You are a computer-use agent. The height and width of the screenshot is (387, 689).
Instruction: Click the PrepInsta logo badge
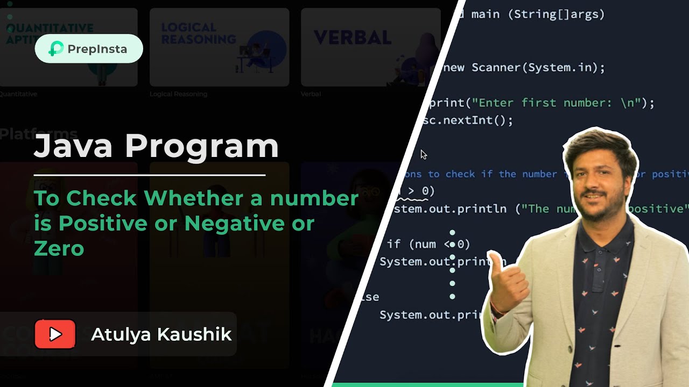click(89, 49)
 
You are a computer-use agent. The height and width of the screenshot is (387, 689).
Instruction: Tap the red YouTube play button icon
click(55, 334)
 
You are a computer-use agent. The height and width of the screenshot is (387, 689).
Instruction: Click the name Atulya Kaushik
click(161, 334)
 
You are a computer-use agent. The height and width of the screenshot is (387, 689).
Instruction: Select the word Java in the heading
click(74, 146)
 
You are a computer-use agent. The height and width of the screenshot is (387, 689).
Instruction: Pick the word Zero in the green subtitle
click(59, 248)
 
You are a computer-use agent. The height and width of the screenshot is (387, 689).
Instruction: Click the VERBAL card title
click(352, 38)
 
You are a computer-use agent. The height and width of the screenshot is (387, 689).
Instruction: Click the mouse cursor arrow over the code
click(423, 155)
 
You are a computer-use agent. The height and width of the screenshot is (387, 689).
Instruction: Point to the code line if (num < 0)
click(428, 244)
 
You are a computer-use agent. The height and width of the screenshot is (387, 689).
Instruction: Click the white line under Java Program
click(149, 175)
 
